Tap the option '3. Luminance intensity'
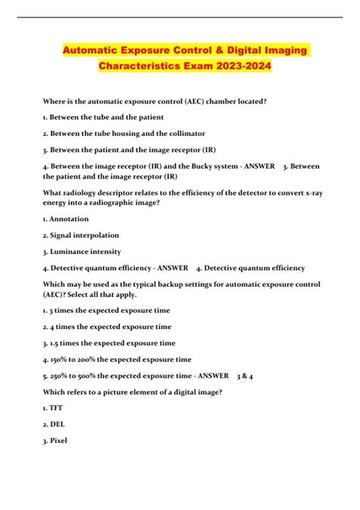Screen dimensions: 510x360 pyautogui.click(x=82, y=252)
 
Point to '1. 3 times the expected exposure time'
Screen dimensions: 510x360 pyautogui.click(x=107, y=310)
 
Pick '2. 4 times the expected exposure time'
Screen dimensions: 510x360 pyautogui.click(x=107, y=326)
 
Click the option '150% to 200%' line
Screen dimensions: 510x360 pyautogui.click(x=118, y=359)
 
